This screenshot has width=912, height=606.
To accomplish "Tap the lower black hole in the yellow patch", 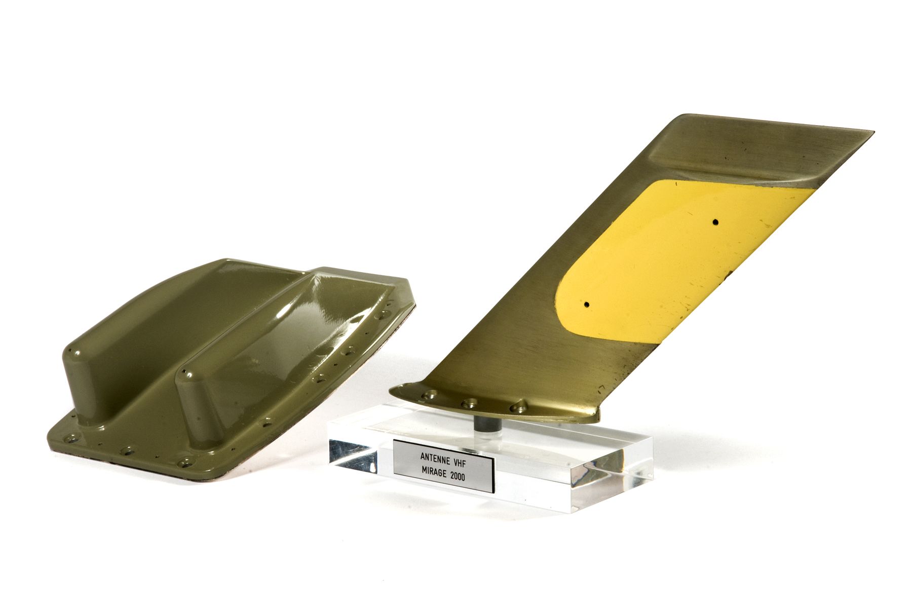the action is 587,305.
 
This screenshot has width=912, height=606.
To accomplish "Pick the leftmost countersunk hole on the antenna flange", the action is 430,395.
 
